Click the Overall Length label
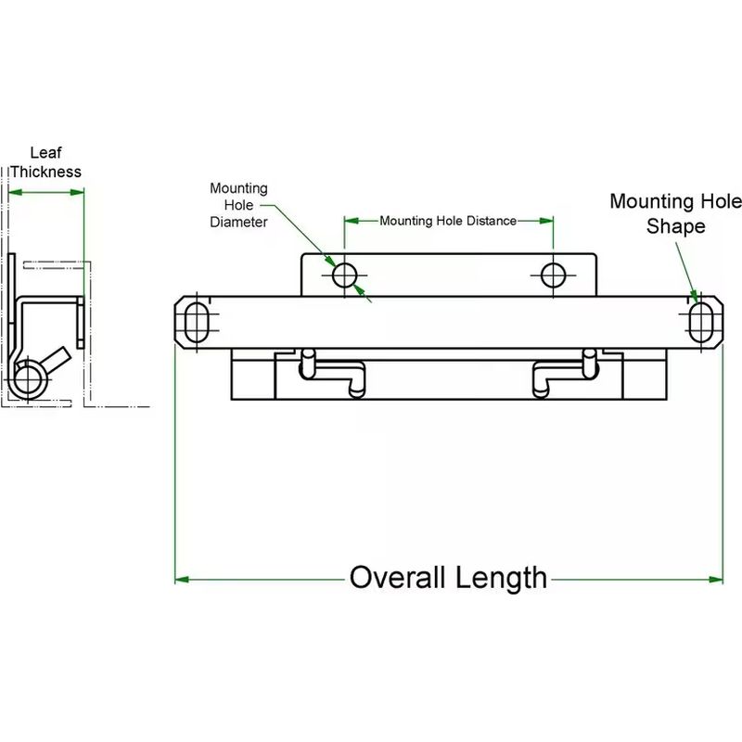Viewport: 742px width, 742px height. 448,578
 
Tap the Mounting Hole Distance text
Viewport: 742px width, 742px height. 448,221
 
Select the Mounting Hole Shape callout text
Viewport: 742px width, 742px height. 675,213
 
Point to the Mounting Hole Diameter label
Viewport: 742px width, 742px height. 238,205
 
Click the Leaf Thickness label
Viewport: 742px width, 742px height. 45,162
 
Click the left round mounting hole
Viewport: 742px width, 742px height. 345,275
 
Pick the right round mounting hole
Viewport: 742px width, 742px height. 554,275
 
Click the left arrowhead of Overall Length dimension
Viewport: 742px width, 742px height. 182,580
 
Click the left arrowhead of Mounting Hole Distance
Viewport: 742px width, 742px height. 351,221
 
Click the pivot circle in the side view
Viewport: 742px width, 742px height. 31,379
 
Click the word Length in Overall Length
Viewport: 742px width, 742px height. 501,578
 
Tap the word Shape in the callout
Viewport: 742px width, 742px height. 675,226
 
